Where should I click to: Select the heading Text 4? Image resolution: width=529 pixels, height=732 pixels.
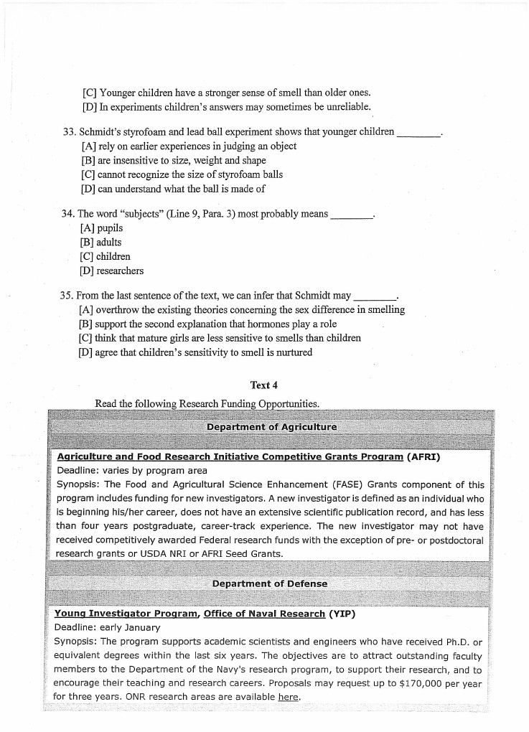pos(264,385)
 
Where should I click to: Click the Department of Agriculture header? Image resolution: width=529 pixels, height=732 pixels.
pos(271,427)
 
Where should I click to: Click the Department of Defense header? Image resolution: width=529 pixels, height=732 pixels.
pos(270,583)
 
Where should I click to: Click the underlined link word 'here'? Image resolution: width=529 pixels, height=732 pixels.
pos(289,697)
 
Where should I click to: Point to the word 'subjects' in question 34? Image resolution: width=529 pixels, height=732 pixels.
pos(146,215)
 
